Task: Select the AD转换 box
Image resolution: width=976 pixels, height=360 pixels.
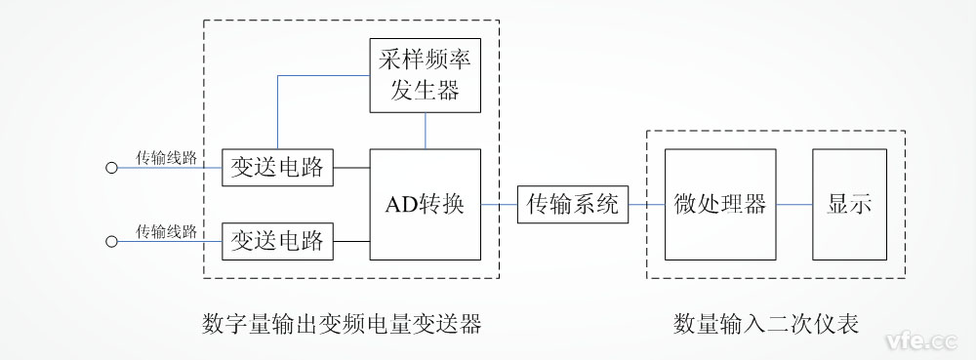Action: coord(426,204)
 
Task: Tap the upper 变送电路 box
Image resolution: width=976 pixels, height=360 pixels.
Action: coord(277,167)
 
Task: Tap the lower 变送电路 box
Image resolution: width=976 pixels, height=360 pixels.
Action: coord(277,240)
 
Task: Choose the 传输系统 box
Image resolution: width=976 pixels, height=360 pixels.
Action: coord(573,204)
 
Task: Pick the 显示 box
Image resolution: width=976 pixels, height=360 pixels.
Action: coord(850,204)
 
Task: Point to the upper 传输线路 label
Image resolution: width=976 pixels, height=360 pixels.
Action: coord(167,156)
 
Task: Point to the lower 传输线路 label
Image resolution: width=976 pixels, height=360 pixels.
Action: coord(167,230)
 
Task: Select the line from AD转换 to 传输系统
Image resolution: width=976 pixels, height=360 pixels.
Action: coord(499,204)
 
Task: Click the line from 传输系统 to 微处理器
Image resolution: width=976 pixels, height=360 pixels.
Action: coord(646,204)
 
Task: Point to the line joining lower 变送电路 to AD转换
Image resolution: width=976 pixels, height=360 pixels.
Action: coord(351,240)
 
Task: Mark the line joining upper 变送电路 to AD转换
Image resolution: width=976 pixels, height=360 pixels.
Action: coord(351,167)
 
